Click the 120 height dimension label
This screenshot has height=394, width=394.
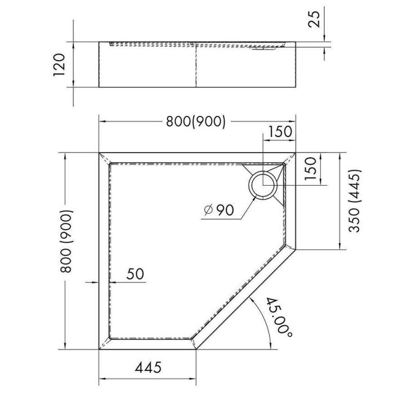click(59, 65)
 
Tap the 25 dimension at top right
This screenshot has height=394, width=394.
click(314, 19)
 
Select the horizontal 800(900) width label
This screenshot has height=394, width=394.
click(196, 122)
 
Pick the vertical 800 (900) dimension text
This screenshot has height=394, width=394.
click(67, 241)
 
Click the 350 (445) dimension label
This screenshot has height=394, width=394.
click(355, 201)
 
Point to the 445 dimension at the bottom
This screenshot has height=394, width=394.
click(148, 368)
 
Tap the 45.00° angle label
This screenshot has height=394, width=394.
click(279, 317)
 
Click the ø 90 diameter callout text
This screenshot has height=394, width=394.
click(219, 210)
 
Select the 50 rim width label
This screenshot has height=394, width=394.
click(135, 274)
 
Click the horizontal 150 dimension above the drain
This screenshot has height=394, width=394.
click(280, 132)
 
